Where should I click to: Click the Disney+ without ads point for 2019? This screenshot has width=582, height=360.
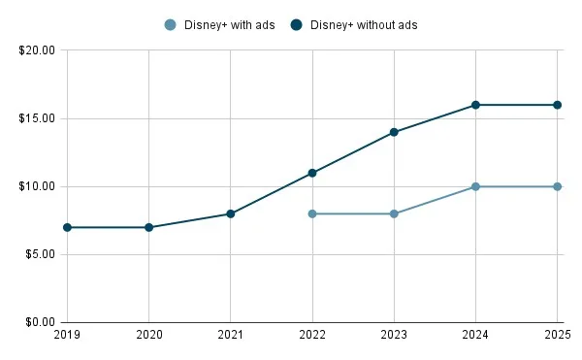point(67,227)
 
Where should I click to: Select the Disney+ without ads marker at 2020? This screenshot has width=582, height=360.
point(148,227)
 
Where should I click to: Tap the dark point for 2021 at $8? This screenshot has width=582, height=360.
point(231,213)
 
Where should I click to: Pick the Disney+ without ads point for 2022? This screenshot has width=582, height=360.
point(312,173)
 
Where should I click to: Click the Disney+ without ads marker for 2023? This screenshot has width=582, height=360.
point(394,132)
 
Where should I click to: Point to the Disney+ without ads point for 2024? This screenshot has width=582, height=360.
point(475,105)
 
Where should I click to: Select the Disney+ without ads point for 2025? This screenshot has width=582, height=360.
point(557,105)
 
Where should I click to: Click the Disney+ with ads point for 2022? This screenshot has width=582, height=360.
point(312,213)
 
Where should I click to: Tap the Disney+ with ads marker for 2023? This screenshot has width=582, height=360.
point(394,213)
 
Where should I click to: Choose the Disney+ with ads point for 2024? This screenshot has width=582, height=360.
point(475,186)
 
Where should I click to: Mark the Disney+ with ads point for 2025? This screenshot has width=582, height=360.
point(557,186)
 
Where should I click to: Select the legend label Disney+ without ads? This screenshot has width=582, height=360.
point(364,25)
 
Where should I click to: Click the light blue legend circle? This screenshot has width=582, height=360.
point(171,25)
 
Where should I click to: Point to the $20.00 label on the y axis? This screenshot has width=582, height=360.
point(37,50)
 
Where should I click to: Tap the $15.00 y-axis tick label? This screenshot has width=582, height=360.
point(37,118)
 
